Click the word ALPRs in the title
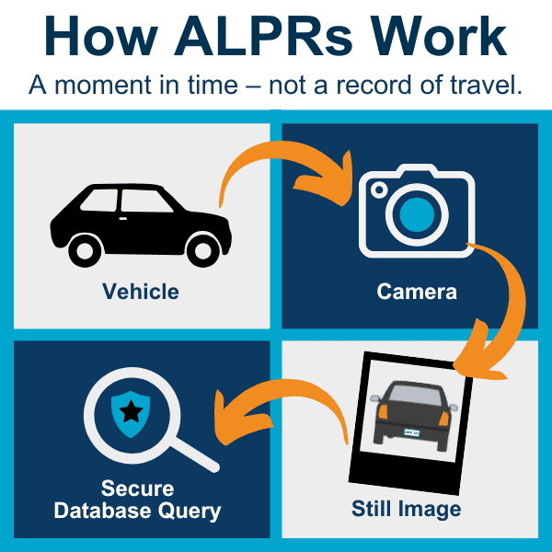pos(263,36)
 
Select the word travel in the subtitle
pos(486,85)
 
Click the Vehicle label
pos(141,292)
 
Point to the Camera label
pos(417,292)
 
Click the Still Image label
pos(407,510)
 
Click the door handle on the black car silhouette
pos(123,219)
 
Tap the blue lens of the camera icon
pos(417,214)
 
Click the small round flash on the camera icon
pos(379,190)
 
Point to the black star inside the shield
pos(131,411)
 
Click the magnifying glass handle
pos(195,454)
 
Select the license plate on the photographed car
pos(412,432)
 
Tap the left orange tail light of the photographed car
pos(383,411)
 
